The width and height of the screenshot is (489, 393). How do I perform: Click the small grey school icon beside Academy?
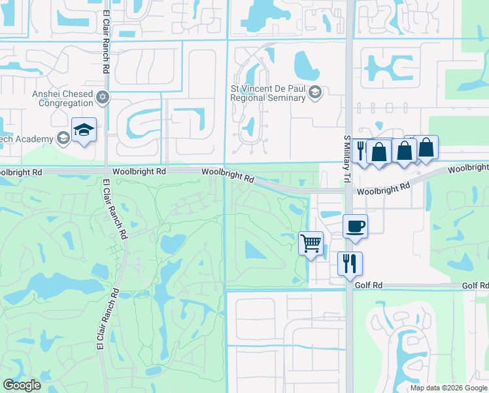pos(63,138)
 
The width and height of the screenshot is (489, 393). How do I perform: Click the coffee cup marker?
pos(355,227)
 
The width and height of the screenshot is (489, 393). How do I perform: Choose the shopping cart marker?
pos(311,244)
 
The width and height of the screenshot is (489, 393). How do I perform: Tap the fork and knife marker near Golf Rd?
pos(350,263)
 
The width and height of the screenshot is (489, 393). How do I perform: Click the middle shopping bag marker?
pos(404,151)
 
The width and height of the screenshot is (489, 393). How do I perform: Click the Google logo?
pos(22,385)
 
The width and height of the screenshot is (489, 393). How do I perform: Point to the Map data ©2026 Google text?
pos(448,388)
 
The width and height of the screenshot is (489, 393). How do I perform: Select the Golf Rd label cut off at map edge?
pos(475,286)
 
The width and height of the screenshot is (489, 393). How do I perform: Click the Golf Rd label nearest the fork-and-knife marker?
pos(369,286)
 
